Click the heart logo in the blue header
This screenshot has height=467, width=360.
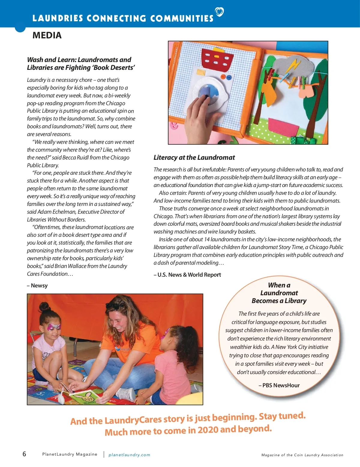coord(220,12)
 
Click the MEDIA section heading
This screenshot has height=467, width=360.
coord(47,35)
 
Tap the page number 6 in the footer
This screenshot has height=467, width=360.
coord(24,454)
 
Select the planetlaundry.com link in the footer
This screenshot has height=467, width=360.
coord(129,455)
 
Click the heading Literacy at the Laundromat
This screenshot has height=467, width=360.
coord(194,158)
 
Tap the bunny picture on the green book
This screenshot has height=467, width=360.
coord(87,397)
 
